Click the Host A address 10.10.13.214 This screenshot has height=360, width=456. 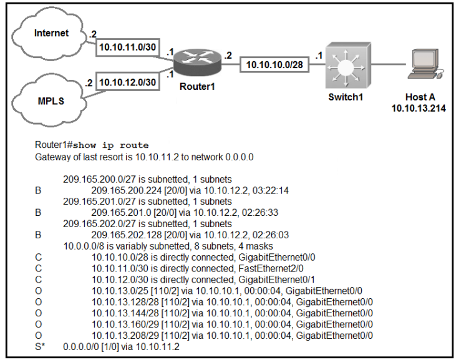(413, 108)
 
